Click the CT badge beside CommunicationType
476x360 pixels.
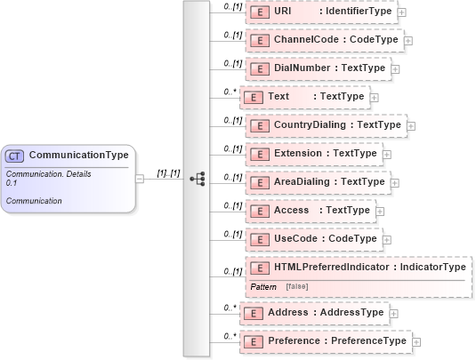(15, 156)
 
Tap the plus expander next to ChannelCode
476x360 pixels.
(407, 40)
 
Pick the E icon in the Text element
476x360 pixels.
(253, 97)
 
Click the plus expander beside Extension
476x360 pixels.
(385, 154)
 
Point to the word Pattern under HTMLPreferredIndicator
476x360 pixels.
(263, 286)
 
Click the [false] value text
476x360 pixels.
(297, 286)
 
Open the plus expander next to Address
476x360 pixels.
(393, 313)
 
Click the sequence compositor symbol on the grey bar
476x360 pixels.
(197, 178)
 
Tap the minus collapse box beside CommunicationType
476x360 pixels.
(139, 178)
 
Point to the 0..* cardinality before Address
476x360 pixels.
(230, 308)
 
